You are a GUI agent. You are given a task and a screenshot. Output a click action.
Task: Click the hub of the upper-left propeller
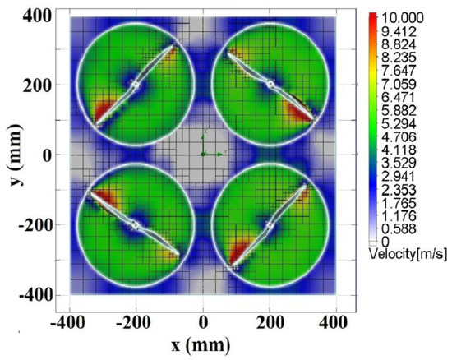[136, 84]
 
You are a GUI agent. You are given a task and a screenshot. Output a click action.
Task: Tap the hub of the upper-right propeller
[270, 84]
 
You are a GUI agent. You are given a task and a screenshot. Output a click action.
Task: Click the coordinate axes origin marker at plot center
[203, 154]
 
